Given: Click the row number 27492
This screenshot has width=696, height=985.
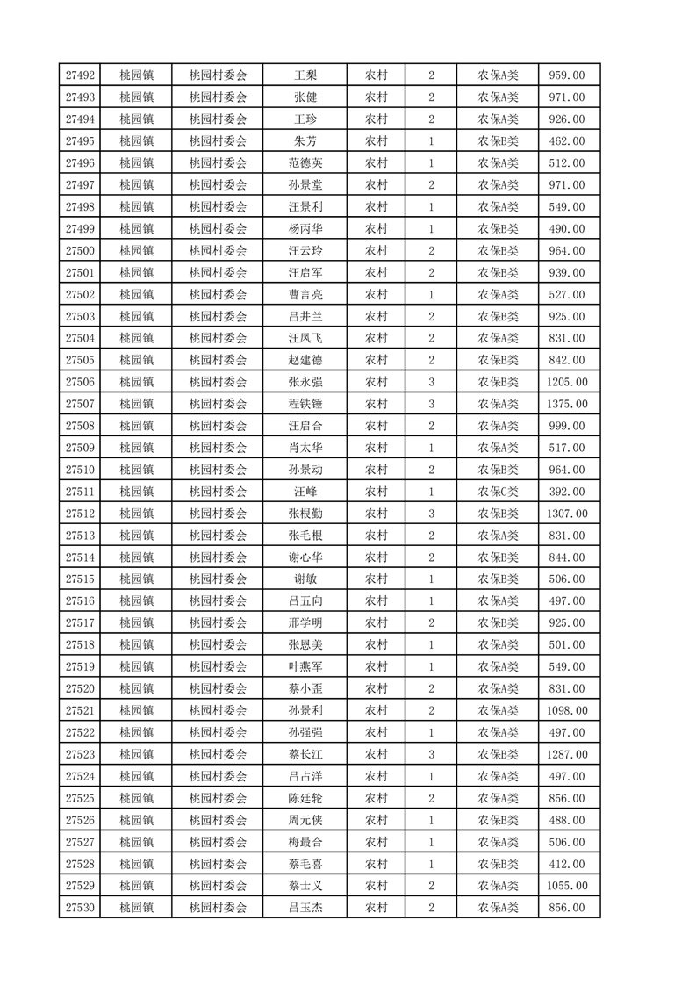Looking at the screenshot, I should click(x=80, y=75).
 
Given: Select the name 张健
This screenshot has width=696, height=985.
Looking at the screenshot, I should click(x=305, y=97).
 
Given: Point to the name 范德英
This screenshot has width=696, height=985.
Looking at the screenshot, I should click(x=305, y=163).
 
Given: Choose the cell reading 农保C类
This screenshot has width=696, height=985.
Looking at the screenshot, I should click(x=498, y=492).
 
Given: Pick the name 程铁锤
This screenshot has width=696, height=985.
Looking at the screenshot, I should click(x=305, y=404).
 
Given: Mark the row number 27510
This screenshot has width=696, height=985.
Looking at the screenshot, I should click(x=80, y=470).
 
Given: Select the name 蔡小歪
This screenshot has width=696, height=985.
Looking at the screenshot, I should click(x=305, y=689).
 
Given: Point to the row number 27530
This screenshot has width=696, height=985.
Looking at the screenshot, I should click(x=80, y=908).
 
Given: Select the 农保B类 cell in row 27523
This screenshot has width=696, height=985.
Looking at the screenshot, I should click(x=498, y=754).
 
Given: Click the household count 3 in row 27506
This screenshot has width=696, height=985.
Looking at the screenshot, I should click(x=431, y=382).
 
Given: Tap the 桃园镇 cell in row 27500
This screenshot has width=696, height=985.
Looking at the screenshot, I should click(x=136, y=251).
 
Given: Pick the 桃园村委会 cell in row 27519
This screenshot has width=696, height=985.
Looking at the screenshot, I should click(x=219, y=667).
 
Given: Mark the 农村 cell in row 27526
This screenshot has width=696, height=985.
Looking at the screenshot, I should click(x=377, y=820).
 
